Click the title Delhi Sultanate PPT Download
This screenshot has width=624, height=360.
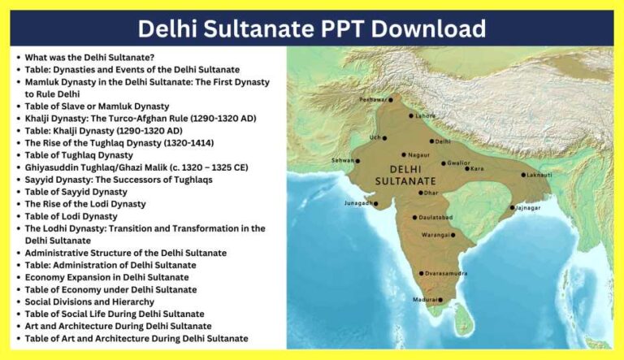pos(311,28)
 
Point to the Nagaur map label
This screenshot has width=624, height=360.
pos(419,154)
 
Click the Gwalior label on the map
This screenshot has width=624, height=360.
pos(457,163)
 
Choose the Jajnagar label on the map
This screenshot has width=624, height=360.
pos(527,207)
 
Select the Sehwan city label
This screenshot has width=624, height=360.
pos(342,160)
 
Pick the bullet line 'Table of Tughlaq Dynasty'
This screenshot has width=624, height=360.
pos(79,154)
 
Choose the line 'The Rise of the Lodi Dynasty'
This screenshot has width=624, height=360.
pos(85,204)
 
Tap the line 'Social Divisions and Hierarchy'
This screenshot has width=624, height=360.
pos(90,301)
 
